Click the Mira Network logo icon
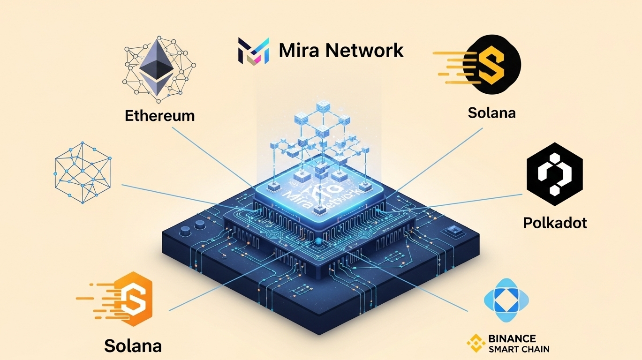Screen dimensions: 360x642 coord(254,51)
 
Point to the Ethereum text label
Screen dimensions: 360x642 coord(159,115)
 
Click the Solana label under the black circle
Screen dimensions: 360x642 coord(491,113)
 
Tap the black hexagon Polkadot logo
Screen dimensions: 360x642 coord(554,174)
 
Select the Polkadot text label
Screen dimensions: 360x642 coord(555,223)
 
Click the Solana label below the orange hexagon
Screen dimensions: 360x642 coord(133,346)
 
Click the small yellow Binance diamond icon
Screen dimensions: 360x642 coord(476,343)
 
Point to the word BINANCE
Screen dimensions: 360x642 coord(512,338)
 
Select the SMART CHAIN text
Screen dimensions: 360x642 coord(518,349)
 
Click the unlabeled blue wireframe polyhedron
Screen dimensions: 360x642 coord(82,172)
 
